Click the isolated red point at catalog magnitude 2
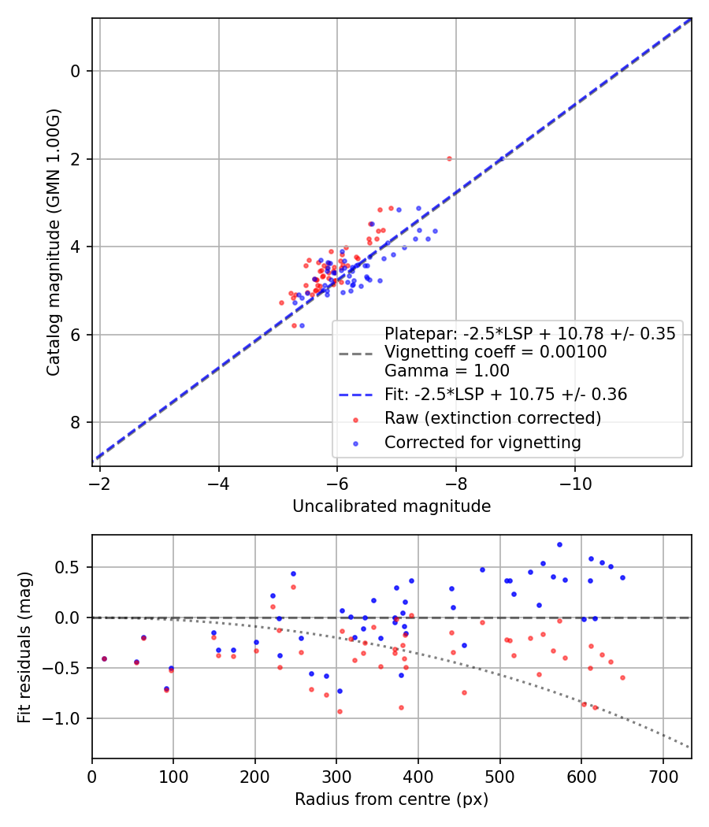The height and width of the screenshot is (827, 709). (449, 158)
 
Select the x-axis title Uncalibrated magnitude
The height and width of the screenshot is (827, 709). (392, 506)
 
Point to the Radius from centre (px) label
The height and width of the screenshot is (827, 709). (392, 799)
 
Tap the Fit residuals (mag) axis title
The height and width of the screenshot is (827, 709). (24, 647)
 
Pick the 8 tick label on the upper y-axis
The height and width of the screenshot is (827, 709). (75, 423)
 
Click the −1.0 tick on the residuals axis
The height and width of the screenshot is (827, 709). (67, 718)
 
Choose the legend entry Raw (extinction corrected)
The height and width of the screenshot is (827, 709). (492, 418)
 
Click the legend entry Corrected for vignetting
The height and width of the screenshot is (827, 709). (482, 443)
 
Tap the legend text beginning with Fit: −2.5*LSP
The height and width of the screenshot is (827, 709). (505, 395)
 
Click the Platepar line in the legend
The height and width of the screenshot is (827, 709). (529, 333)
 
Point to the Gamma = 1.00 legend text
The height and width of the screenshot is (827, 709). (447, 371)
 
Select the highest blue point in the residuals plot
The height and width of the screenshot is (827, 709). (559, 544)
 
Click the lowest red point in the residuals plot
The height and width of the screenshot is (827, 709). (340, 711)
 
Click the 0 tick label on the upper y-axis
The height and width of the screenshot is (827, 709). (75, 72)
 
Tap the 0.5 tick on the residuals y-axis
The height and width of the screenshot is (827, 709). (71, 567)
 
